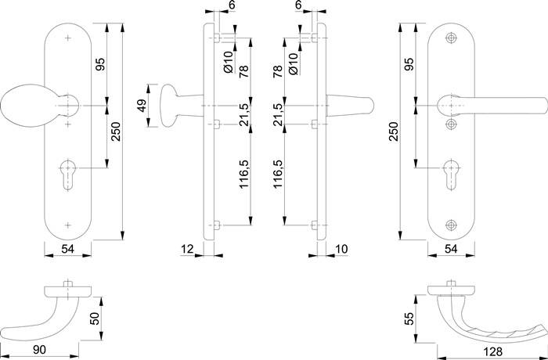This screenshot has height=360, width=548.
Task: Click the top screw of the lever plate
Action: tap(451, 38)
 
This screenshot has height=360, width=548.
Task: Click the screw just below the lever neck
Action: tap(451, 124)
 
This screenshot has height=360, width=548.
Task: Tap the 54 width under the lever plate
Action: tap(451, 249)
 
